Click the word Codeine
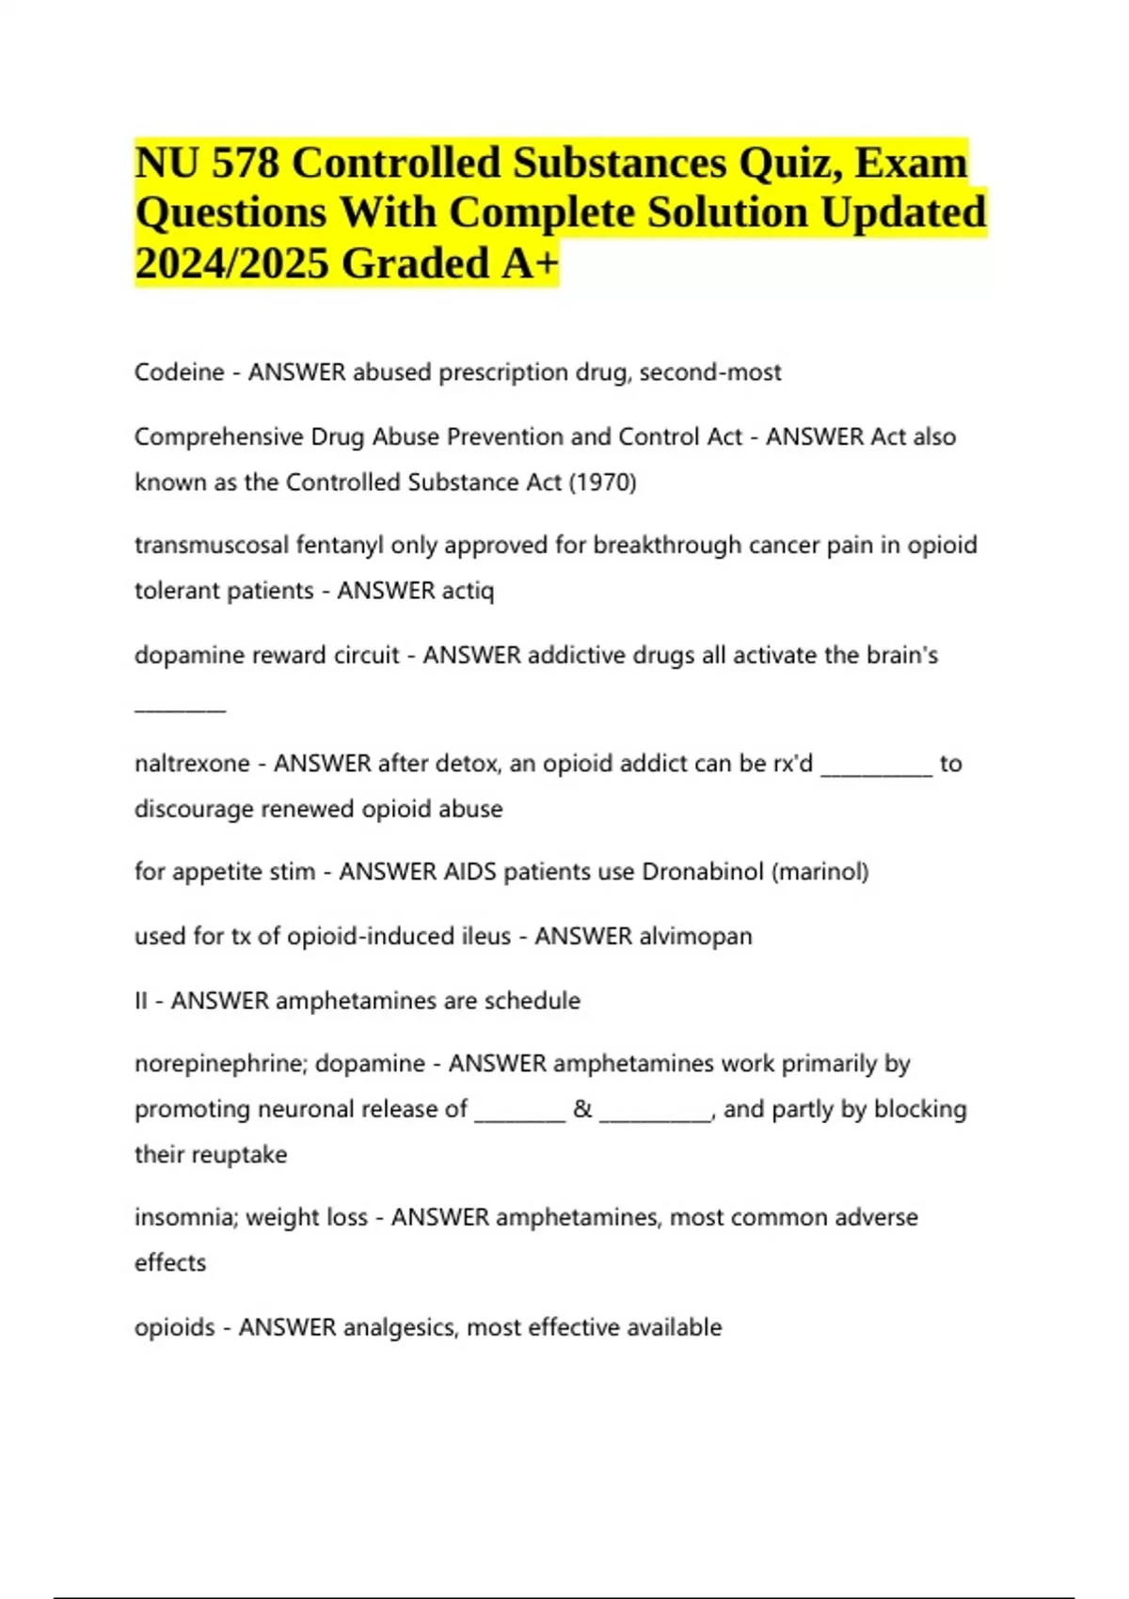(179, 372)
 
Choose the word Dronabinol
(702, 872)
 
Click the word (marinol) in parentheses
(819, 872)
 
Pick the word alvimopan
(695, 937)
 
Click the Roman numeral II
(141, 1001)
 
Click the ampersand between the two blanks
(582, 1109)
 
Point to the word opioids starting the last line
(174, 1328)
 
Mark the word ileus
(485, 937)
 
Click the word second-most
(710, 372)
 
